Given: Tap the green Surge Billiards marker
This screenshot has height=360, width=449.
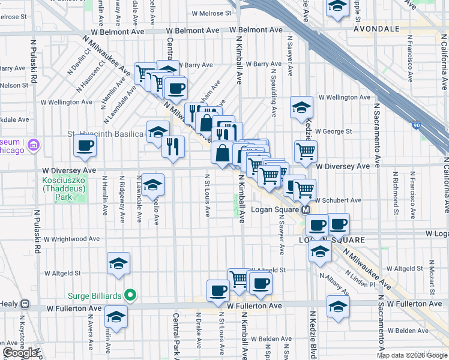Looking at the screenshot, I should coord(128,295).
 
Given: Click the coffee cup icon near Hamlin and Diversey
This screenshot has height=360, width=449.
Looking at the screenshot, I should coord(85,145).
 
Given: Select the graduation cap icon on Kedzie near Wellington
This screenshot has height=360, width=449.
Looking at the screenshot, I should coord(301,107).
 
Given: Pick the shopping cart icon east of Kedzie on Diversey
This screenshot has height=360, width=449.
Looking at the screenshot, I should coord(306,151).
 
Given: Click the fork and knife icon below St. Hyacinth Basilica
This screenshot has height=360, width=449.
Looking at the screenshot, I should coord(173,146).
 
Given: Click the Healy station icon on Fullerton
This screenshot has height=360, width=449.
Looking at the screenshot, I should coord(25,305).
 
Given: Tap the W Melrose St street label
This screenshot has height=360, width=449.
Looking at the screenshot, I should coord(211,13).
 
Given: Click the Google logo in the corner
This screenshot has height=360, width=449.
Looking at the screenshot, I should coord(20,353).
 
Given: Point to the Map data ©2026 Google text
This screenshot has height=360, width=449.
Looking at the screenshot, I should coord(412,355).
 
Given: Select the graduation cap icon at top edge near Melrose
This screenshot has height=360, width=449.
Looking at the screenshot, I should coord(338,7).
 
